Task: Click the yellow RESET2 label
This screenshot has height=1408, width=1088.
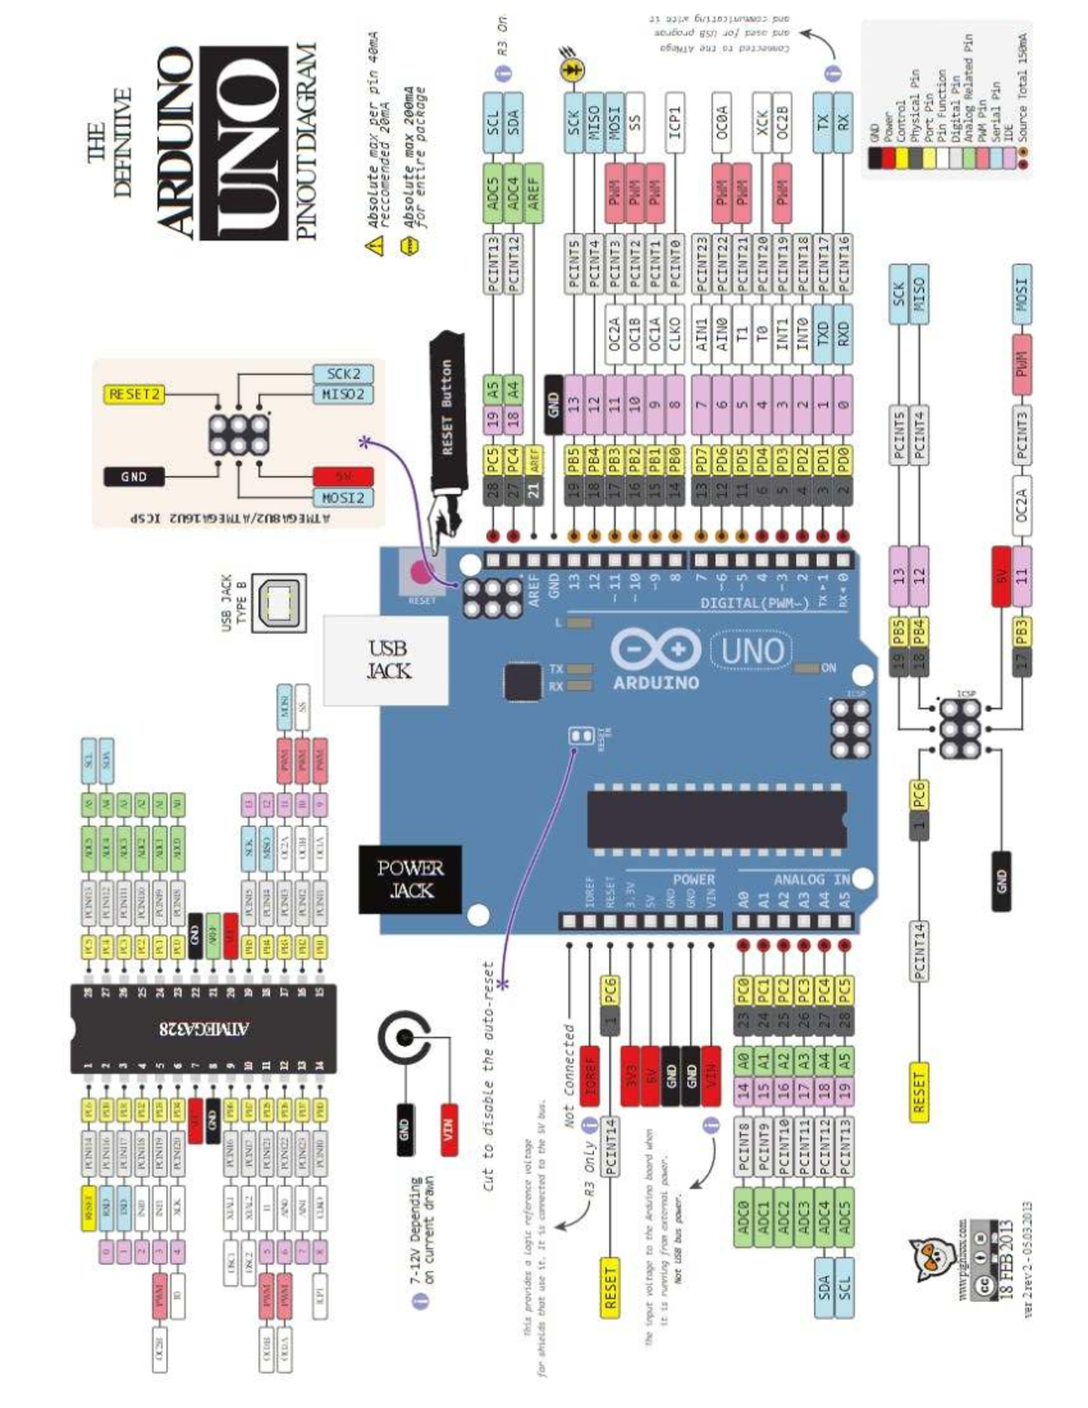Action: pyautogui.click(x=134, y=394)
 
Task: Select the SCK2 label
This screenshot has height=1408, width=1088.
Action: pyautogui.click(x=344, y=374)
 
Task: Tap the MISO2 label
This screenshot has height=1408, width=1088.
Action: pyautogui.click(x=344, y=394)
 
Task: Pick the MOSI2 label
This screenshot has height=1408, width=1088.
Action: pyautogui.click(x=344, y=498)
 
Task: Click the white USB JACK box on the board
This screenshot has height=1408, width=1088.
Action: pyautogui.click(x=387, y=660)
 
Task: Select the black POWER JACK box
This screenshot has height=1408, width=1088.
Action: pyautogui.click(x=411, y=879)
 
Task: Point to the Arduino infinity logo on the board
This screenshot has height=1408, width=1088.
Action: pyautogui.click(x=656, y=650)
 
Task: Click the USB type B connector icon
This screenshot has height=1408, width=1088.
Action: pyautogui.click(x=278, y=602)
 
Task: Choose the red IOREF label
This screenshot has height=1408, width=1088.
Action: pyautogui.click(x=590, y=1074)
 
